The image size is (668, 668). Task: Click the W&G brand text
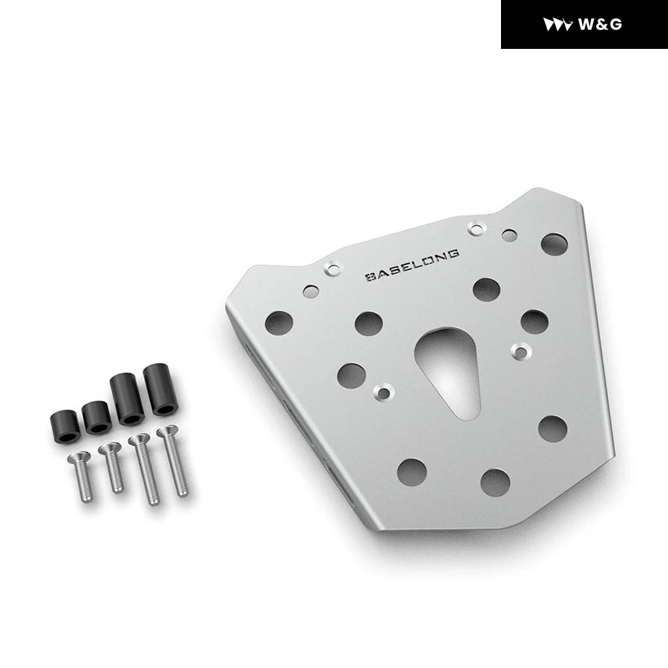click(x=600, y=24)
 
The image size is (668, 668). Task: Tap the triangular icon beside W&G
click(x=558, y=24)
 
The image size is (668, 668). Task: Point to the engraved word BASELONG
click(x=412, y=266)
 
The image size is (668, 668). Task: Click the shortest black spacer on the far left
click(x=65, y=427)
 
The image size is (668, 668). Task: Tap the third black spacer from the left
click(x=127, y=399)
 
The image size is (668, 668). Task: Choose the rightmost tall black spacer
click(x=159, y=389)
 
